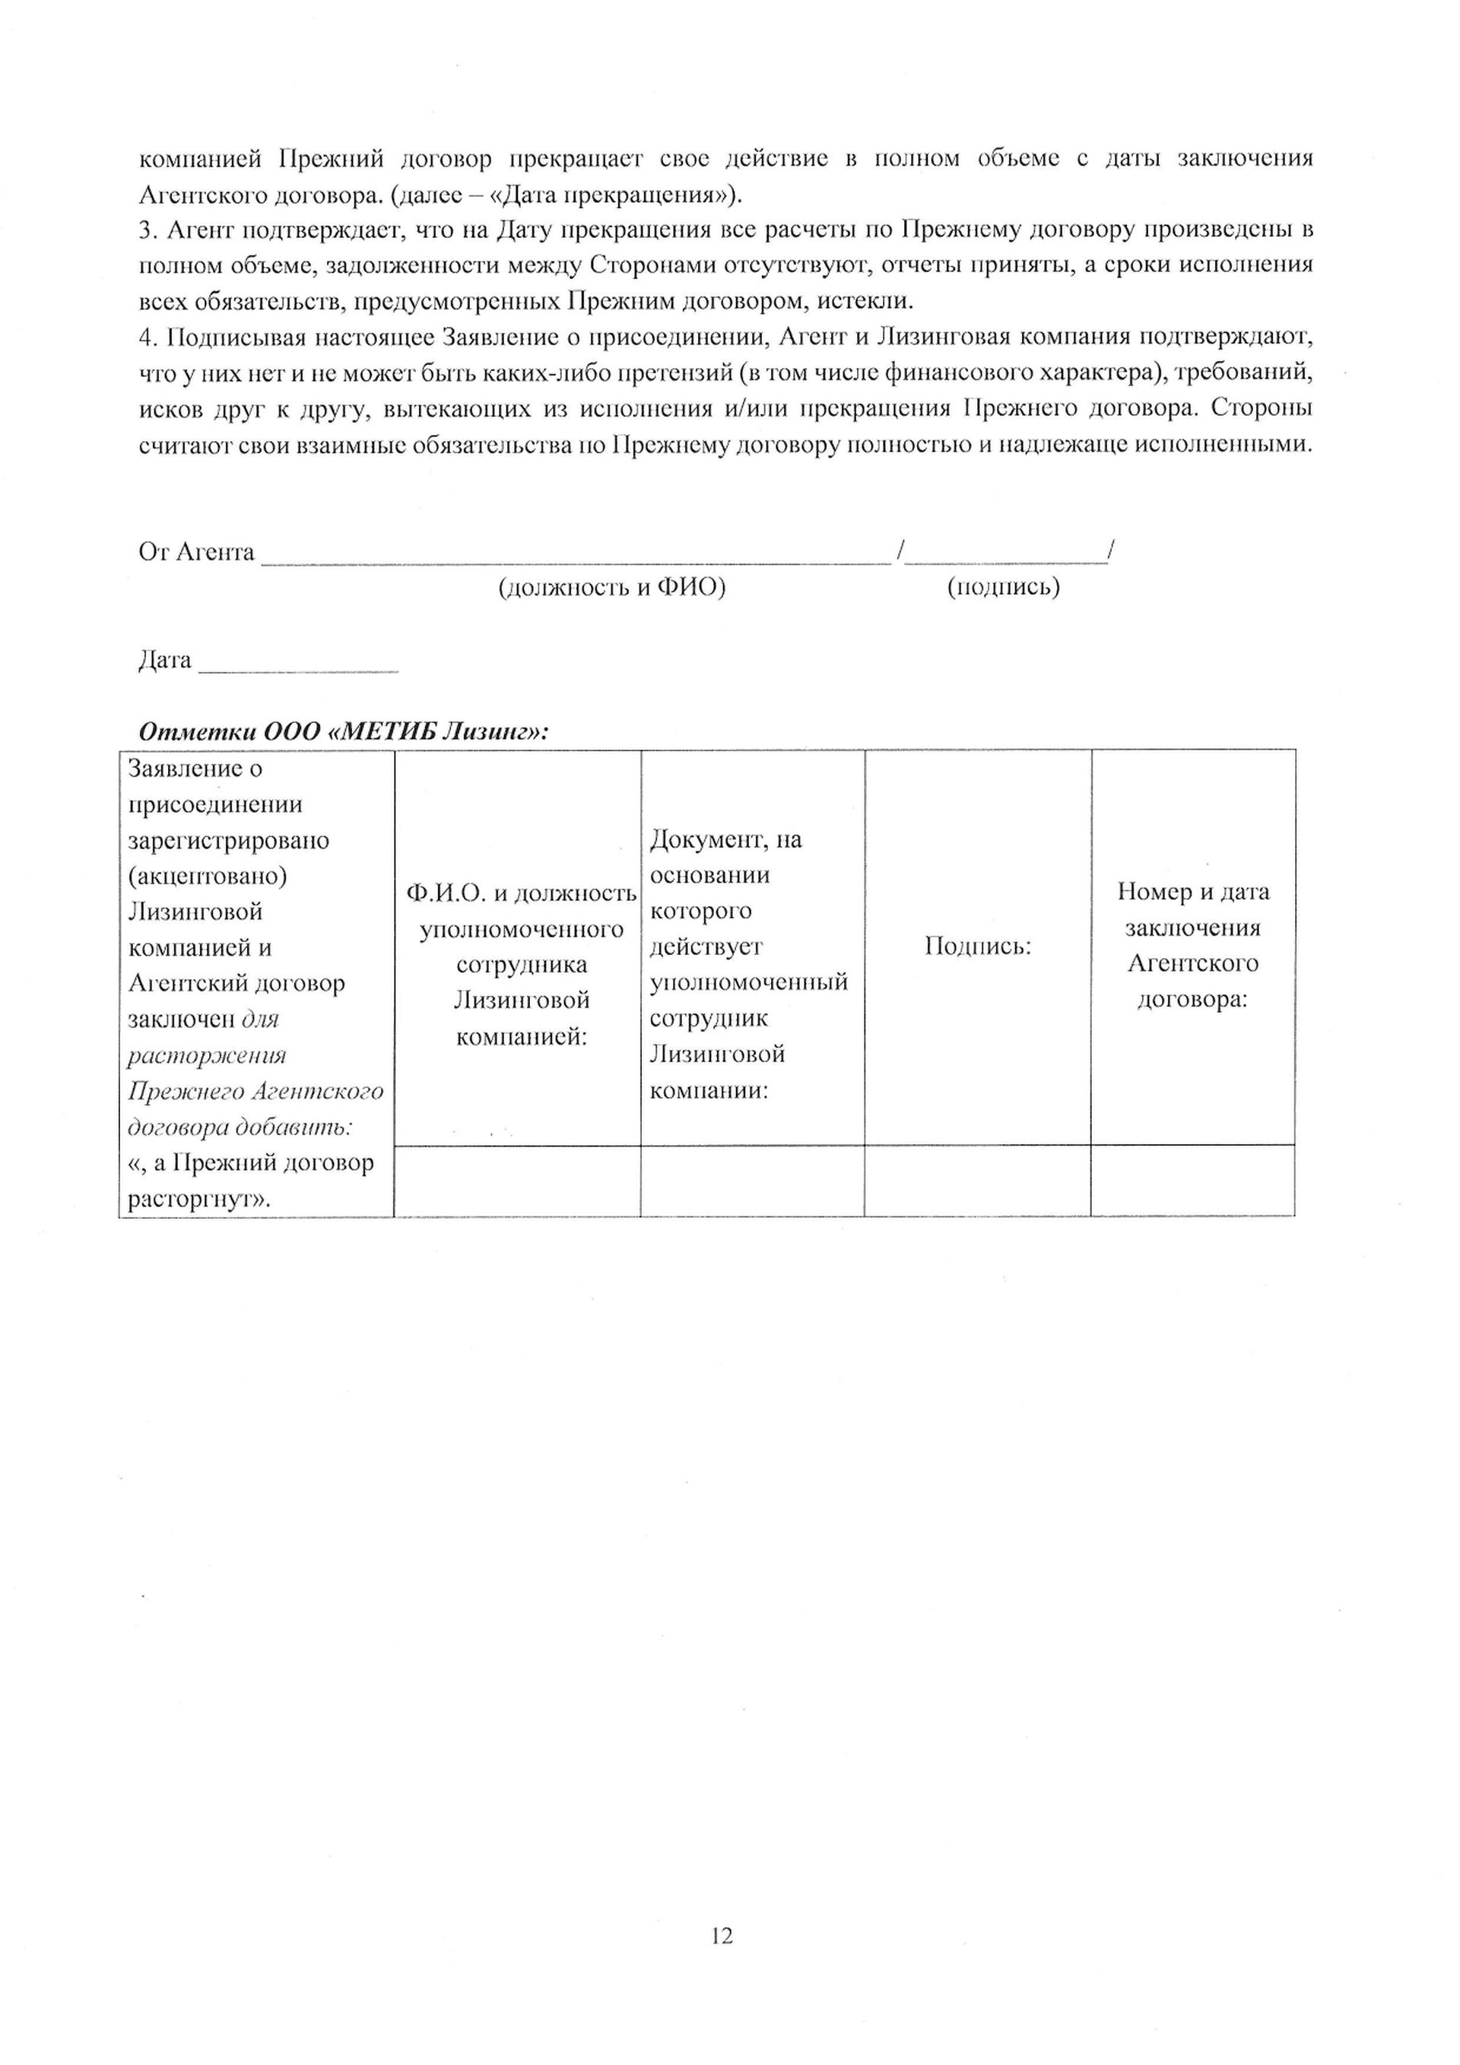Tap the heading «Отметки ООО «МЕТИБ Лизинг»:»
(x=344, y=731)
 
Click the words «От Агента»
(x=196, y=551)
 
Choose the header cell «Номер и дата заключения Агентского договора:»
(x=1193, y=945)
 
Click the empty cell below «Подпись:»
(x=977, y=1181)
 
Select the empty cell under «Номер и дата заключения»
(x=1193, y=1181)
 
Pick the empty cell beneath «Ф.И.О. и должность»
(x=517, y=1181)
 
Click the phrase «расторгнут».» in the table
(x=200, y=1200)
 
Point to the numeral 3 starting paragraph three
(x=148, y=230)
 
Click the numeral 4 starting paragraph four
(x=148, y=338)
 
